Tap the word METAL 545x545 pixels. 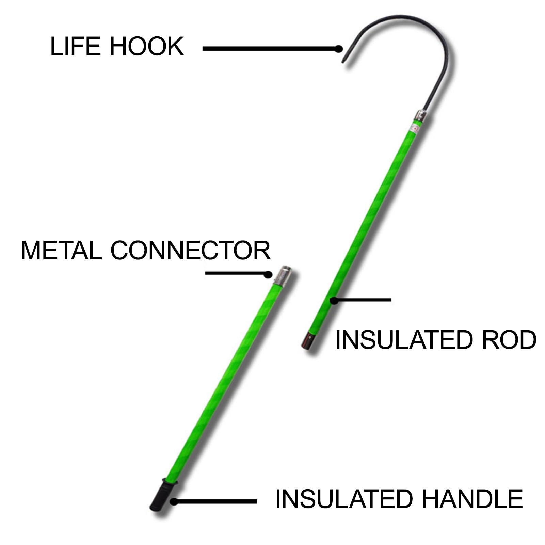pyautogui.click(x=61, y=251)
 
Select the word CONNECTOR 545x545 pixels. pyautogui.click(x=190, y=251)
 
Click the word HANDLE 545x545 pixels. pyautogui.click(x=472, y=499)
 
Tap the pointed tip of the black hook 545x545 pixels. pyautogui.click(x=343, y=62)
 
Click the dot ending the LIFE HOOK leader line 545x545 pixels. pyautogui.click(x=338, y=49)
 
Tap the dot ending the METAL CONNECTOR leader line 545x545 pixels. pyautogui.click(x=269, y=274)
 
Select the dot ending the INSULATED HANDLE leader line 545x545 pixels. pyautogui.click(x=174, y=501)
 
